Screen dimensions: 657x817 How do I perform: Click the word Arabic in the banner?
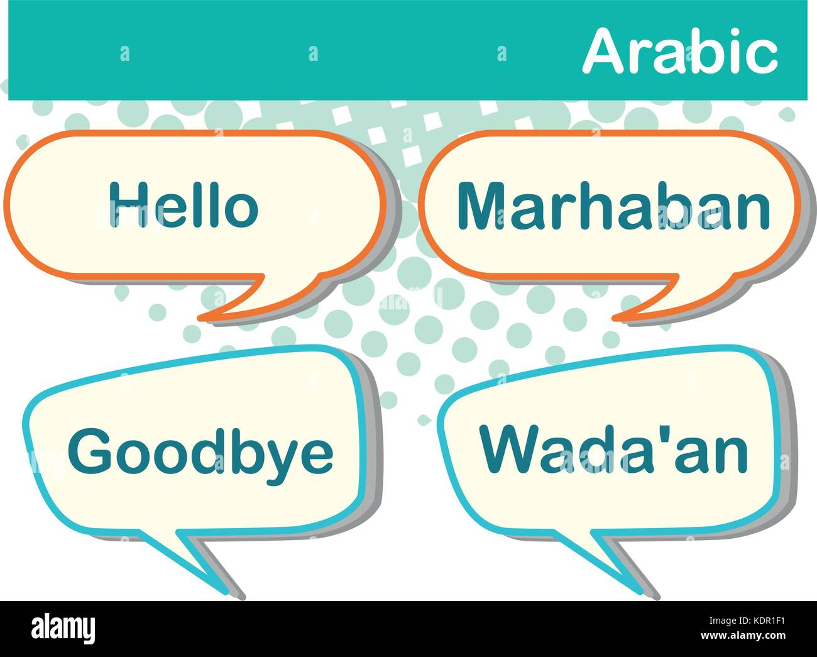point(680,53)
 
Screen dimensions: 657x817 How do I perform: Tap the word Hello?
point(184,204)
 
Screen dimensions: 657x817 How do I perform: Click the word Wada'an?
point(613,450)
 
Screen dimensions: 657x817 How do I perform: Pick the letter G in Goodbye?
point(89,451)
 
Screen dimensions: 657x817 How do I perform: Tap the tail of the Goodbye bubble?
point(201,560)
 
